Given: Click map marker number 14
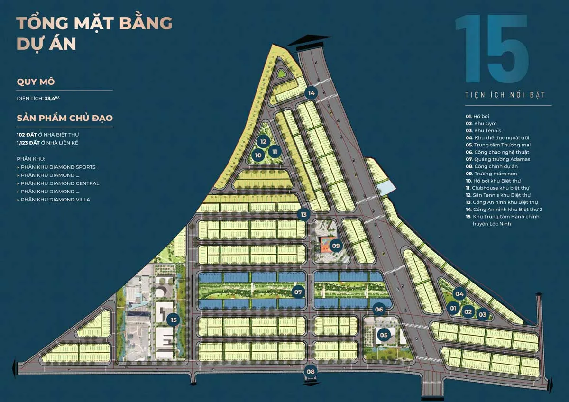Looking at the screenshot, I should point(311,93).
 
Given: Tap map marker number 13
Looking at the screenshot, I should point(303,215).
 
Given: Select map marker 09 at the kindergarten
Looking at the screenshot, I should point(336,246).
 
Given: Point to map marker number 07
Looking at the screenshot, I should point(298,292).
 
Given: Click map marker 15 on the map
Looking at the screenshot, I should point(174,320).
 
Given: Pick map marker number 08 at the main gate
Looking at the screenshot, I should point(310,371).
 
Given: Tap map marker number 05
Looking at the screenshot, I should point(384,335).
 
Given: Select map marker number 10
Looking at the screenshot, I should point(258,155).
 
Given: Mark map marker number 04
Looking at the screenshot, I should point(459,293).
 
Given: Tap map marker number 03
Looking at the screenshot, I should point(483,313).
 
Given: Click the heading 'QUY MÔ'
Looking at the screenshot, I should point(36,82).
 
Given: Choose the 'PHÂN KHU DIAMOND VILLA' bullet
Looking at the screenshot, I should point(55,200).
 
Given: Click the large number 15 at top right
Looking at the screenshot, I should point(492,49).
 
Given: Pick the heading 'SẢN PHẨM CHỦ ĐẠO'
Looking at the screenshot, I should point(64,118).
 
